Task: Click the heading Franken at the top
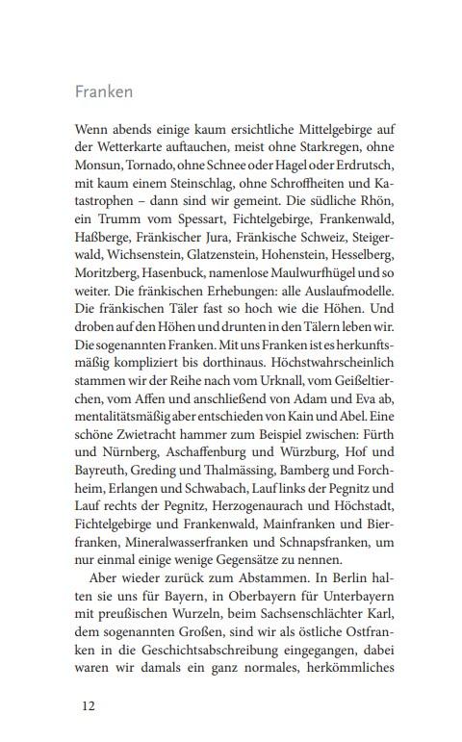pos(104,93)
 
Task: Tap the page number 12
pos(88,705)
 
